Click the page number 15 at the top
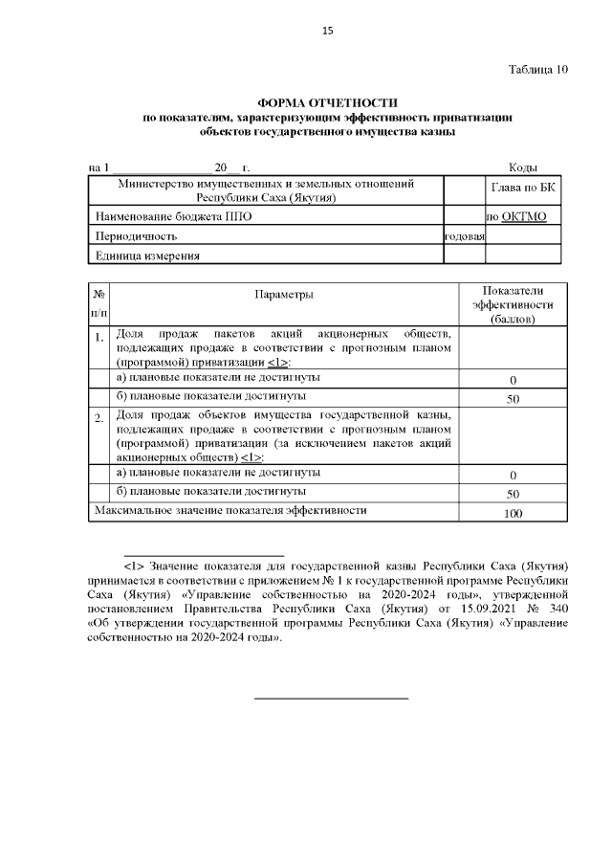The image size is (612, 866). coord(327,32)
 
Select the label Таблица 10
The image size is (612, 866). coord(538,69)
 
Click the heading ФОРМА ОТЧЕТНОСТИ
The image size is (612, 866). coord(327,102)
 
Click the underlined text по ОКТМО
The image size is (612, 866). coord(516,217)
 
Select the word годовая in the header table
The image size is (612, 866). coord(465,235)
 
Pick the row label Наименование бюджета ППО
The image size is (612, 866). coord(159,217)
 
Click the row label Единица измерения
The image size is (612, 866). coord(146,255)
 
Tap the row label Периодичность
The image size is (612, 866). coord(136,235)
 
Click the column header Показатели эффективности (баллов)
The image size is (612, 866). coord(513,303)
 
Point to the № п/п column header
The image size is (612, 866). coord(98,303)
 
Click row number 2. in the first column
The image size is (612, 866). coord(98,419)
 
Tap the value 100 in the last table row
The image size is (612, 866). coord(513,514)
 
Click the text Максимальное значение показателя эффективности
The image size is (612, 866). coord(229,511)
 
